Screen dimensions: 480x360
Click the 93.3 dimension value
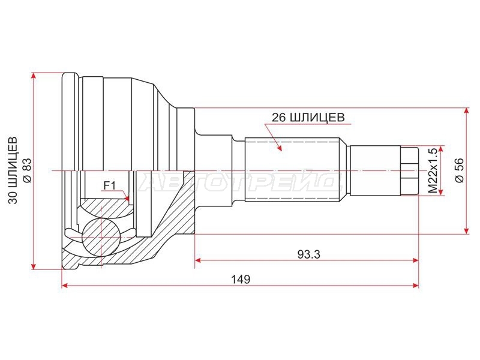(x=308, y=254)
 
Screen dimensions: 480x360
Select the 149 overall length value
(x=241, y=279)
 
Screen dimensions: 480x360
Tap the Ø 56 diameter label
(x=460, y=170)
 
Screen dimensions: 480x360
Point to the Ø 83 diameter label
(x=27, y=170)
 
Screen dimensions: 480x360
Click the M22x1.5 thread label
(x=432, y=170)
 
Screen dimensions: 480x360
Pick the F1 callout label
(x=109, y=185)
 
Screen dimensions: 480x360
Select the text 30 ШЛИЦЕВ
(x=13, y=170)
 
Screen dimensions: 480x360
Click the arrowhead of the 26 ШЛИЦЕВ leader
(x=279, y=147)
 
